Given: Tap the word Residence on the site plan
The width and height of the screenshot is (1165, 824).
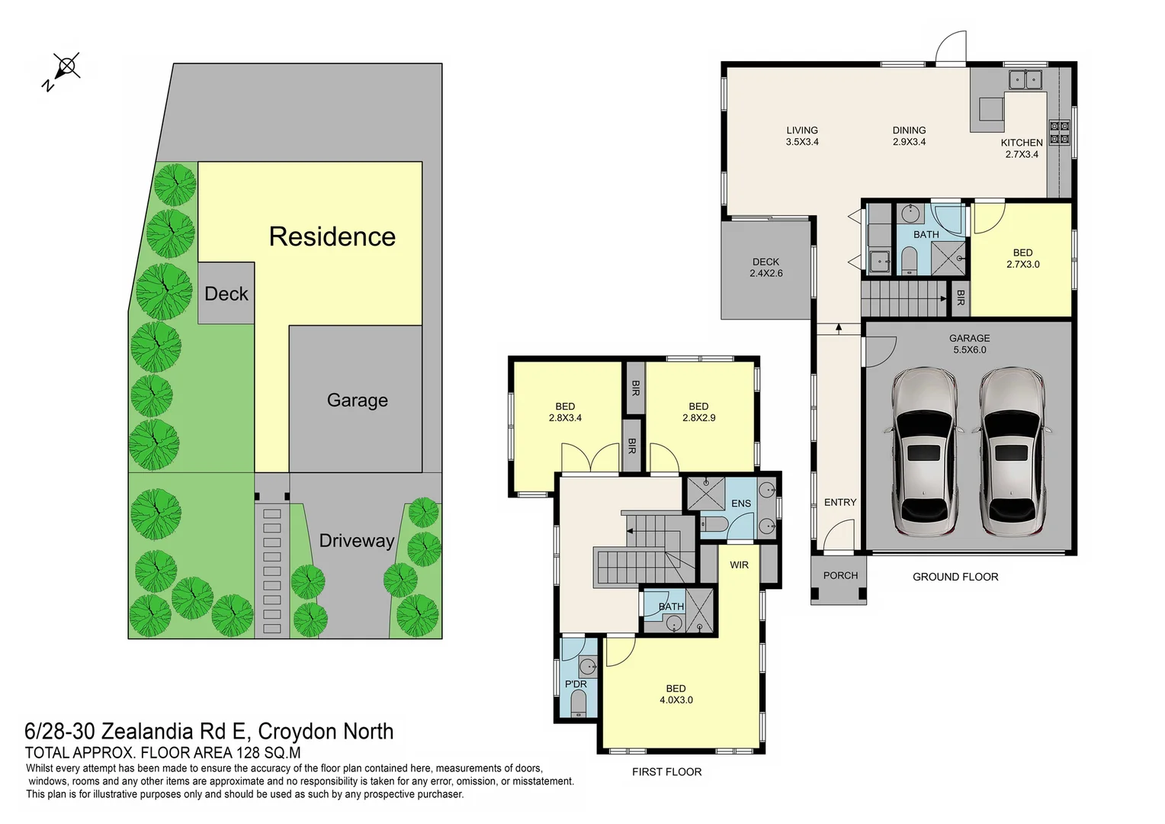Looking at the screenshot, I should click(332, 237).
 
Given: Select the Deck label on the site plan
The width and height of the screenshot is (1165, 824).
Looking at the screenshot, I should click(226, 294).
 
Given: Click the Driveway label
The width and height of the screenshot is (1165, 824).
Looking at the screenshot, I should click(356, 541).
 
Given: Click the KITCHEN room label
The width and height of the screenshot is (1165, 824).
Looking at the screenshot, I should click(1022, 143).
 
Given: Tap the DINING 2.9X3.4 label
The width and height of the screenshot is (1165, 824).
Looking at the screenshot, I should click(909, 136).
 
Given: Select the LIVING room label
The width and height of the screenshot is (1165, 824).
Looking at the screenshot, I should click(802, 130).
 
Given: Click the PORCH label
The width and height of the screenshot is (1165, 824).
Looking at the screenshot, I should click(840, 575).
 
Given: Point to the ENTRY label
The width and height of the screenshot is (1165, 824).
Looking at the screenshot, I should click(840, 502).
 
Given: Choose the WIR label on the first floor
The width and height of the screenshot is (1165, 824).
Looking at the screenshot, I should click(739, 565).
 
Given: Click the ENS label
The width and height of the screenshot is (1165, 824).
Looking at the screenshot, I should click(740, 504).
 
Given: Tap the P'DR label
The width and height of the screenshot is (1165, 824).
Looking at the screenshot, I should click(576, 684).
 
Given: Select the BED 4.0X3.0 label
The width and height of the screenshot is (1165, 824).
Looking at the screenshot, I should click(676, 694).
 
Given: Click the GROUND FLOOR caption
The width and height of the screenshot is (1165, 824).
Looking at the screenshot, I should click(955, 577).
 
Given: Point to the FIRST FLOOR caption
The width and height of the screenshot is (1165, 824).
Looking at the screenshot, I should click(666, 772).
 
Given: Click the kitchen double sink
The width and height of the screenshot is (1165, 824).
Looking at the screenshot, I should click(1025, 79).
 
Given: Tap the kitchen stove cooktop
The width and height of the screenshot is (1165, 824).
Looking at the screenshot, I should click(1059, 132).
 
